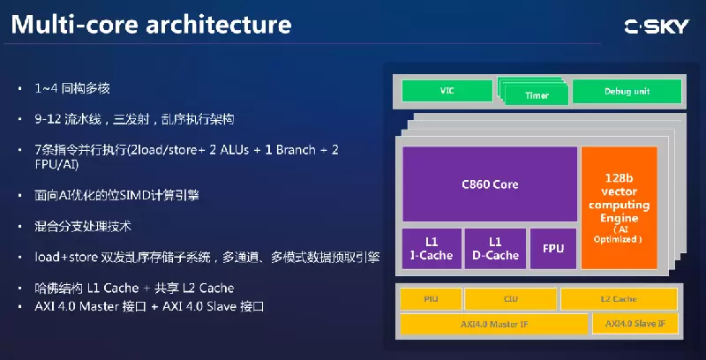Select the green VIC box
pos(447,91)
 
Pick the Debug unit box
pos(627,91)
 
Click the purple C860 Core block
pos(490,184)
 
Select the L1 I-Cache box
pos(431,249)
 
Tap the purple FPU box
pos(553,249)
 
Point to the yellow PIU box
pos(430,299)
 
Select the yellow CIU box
pos(510,299)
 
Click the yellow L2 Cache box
pos(619,299)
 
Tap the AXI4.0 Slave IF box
pos(642,324)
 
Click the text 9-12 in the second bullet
pos(49,118)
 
